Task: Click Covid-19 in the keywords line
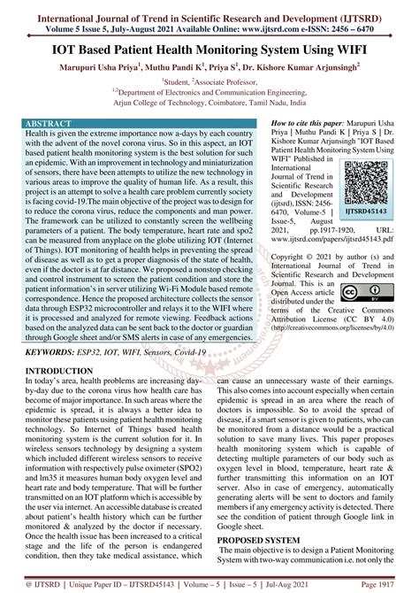[x=217, y=376]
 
